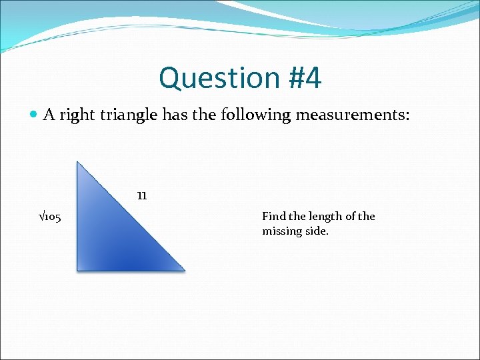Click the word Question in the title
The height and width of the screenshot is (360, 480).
201,78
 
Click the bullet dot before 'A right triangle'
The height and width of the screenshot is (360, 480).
34,115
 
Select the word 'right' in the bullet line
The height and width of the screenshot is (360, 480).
77,115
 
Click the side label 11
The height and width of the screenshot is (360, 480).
141,196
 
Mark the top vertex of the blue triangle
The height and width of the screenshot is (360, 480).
78,163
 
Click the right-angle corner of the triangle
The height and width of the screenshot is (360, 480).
79,269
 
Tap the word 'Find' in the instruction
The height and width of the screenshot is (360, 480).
273,216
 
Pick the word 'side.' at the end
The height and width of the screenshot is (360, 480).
317,231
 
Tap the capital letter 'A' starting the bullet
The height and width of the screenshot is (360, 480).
49,115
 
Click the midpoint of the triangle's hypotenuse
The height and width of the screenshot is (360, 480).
131,216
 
